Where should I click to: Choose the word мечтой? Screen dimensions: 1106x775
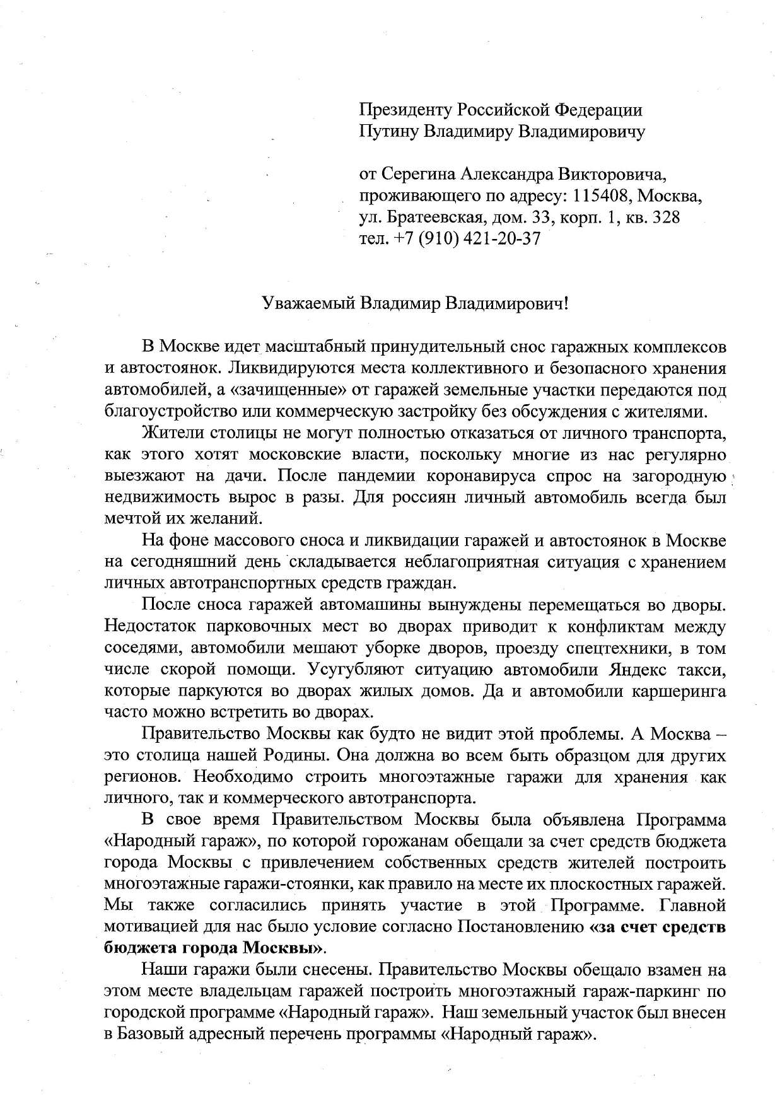click(x=129, y=519)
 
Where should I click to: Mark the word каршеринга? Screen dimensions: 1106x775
click(x=679, y=691)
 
